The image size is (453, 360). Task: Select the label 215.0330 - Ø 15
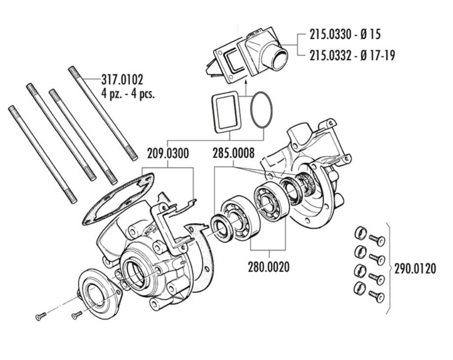[x=345, y=34]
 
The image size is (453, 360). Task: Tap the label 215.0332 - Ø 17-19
[x=352, y=55]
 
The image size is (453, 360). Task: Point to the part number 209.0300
[x=168, y=153]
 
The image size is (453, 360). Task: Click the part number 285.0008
[x=234, y=153]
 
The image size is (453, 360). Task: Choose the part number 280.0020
[x=269, y=267]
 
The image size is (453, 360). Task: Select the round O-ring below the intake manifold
[x=261, y=111]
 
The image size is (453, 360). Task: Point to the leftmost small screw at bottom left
[x=41, y=317]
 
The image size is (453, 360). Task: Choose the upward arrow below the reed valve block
[x=245, y=86]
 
